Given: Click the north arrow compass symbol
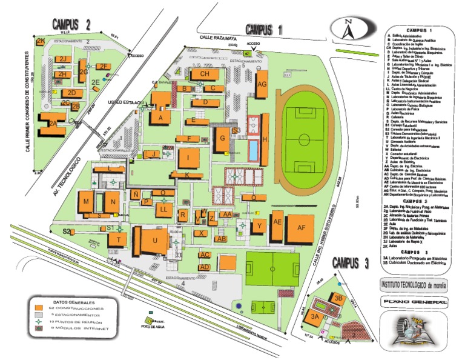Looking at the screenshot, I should (349, 30).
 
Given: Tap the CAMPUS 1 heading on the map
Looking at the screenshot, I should (264, 29).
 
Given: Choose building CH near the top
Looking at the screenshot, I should (204, 74).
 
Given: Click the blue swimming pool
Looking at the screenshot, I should (252, 150).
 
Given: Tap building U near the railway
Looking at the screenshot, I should (155, 240).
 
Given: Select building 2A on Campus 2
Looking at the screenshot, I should (54, 124).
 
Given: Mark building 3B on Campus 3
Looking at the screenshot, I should (338, 298).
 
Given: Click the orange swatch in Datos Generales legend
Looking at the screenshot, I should (39, 308).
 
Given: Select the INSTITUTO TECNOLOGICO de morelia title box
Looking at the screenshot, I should (415, 284).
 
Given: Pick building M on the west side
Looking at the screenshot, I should (87, 202).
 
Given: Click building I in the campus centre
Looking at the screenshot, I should (189, 159).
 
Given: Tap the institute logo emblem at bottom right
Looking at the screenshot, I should (415, 333).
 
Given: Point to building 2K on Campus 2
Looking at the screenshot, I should (41, 41).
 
